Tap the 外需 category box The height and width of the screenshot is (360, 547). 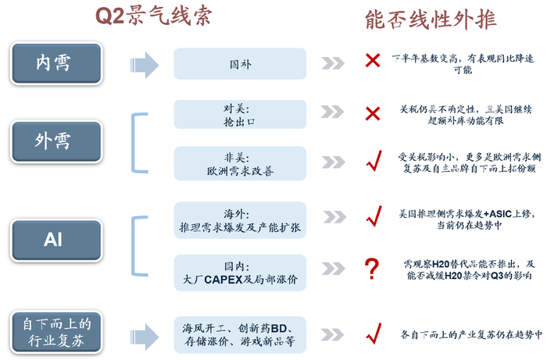click(x=53, y=141)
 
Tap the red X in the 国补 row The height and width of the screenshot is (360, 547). click(x=372, y=60)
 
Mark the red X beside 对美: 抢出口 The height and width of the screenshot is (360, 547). click(x=372, y=114)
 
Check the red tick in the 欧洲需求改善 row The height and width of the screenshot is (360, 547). click(x=373, y=163)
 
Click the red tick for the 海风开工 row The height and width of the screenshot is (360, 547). click(x=373, y=333)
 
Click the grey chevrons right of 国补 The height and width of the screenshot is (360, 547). click(x=333, y=63)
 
